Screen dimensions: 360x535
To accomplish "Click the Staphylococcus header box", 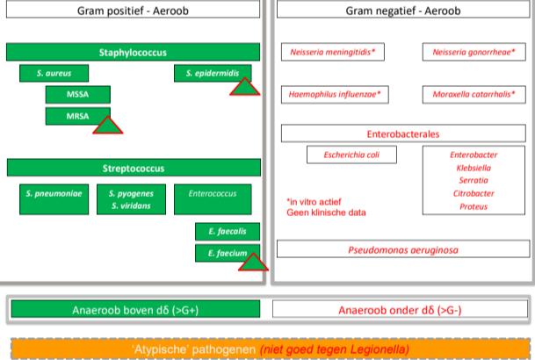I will point(134,53).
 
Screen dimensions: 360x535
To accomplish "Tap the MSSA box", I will point(77,95).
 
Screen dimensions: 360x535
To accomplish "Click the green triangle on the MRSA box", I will point(108,126).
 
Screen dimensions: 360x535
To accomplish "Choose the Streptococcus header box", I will point(134,168).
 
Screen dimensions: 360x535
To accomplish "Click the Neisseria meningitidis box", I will point(333,53).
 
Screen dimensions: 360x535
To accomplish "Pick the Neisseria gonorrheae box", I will point(473,53).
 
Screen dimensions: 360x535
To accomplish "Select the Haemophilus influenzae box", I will point(334,93).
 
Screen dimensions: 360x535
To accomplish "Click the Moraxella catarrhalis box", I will point(473,93).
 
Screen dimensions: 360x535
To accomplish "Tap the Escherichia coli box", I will point(351,155).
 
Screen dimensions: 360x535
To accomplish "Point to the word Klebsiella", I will point(474,168).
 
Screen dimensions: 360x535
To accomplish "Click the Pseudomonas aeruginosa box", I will point(403,249).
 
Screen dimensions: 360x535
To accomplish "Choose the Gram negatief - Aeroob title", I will point(403,11).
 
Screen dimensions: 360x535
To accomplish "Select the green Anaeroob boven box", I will point(134,310).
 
